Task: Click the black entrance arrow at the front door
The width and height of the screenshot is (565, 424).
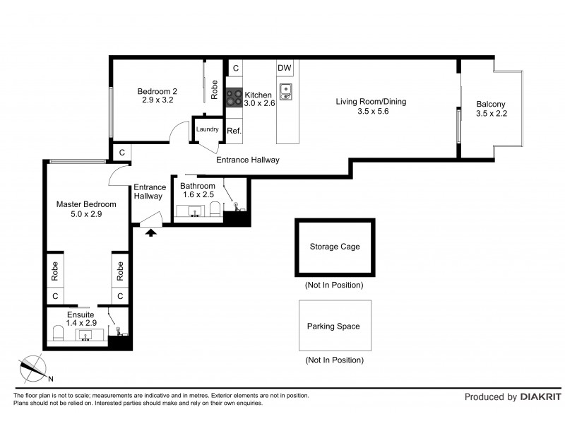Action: pyautogui.click(x=151, y=232)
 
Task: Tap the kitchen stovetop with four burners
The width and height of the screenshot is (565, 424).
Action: pyautogui.click(x=234, y=98)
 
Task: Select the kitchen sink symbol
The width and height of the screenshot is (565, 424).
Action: pyautogui.click(x=286, y=92)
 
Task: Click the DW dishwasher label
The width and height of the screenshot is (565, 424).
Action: pyautogui.click(x=285, y=68)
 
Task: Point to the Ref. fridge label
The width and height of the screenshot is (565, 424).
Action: pyautogui.click(x=234, y=131)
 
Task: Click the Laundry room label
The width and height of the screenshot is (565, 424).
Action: pyautogui.click(x=207, y=129)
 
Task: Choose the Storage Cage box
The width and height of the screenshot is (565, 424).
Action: pyautogui.click(x=335, y=247)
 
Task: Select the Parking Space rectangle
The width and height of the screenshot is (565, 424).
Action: pyautogui.click(x=335, y=326)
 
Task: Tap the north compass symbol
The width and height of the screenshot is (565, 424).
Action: pyautogui.click(x=33, y=368)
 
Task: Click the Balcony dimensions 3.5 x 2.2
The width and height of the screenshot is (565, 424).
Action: pyautogui.click(x=492, y=114)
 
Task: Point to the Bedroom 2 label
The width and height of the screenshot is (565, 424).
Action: pyautogui.click(x=157, y=91)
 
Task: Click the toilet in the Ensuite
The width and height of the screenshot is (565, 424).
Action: pyautogui.click(x=58, y=333)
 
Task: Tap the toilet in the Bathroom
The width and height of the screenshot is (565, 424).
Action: pyautogui.click(x=215, y=209)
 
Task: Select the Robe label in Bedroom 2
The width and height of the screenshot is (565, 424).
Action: pyautogui.click(x=215, y=90)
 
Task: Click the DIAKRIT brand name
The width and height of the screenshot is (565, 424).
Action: pyautogui.click(x=541, y=397)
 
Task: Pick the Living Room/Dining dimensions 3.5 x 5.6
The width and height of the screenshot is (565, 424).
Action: pyautogui.click(x=373, y=112)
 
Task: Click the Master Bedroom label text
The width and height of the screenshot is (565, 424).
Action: pyautogui.click(x=86, y=204)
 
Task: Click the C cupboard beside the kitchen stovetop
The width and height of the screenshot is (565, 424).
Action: pyautogui.click(x=236, y=68)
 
